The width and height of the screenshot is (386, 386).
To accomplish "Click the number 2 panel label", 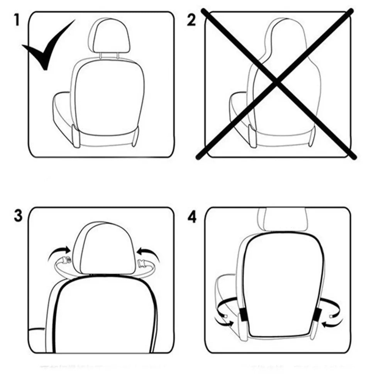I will pyautogui.click(x=191, y=20).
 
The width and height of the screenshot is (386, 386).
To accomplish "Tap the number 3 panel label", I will pyautogui.click(x=18, y=216).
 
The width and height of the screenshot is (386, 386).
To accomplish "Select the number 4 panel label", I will pyautogui.click(x=192, y=217).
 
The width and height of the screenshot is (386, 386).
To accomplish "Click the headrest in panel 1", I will pyautogui.click(x=109, y=37).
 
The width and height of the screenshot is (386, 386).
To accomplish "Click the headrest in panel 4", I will pyautogui.click(x=283, y=219).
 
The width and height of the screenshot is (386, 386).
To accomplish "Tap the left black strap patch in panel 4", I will pyautogui.click(x=244, y=315).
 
